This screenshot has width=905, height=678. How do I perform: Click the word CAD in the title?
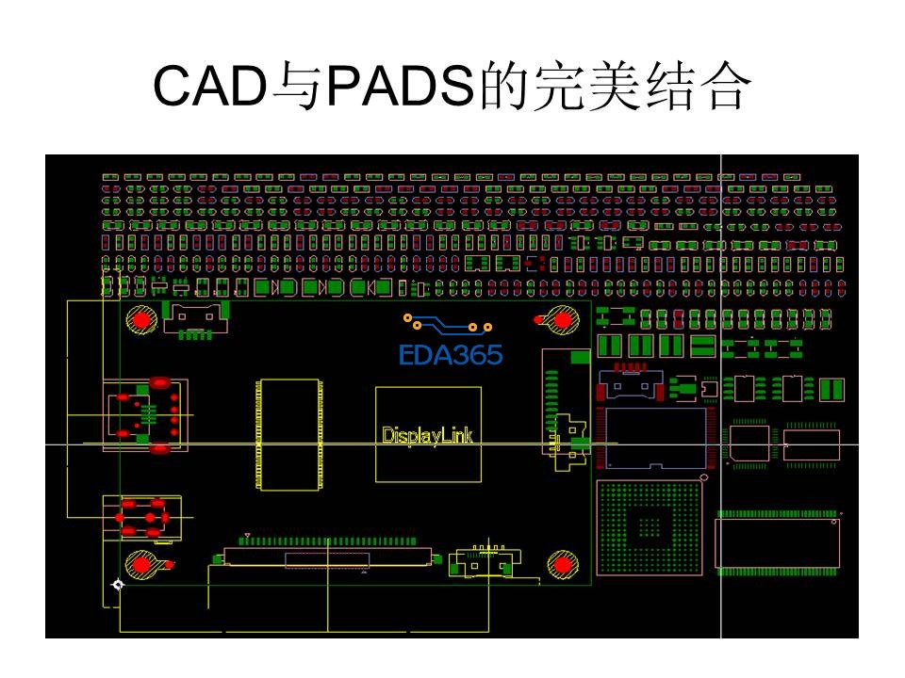click(x=208, y=89)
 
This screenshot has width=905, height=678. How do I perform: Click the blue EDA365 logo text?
click(x=452, y=355)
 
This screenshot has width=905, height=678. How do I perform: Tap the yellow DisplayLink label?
click(x=427, y=436)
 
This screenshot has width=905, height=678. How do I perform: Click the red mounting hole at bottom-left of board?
click(x=143, y=565)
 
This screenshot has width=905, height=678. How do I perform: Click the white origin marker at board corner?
click(x=118, y=586)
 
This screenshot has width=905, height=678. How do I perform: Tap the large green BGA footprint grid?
click(x=650, y=527)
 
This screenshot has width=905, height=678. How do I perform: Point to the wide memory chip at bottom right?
click(x=777, y=543)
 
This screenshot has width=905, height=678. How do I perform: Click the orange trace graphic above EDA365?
click(x=449, y=324)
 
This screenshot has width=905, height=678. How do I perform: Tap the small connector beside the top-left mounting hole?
click(x=196, y=320)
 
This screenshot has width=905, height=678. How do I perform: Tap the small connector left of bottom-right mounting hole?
click(x=482, y=562)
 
